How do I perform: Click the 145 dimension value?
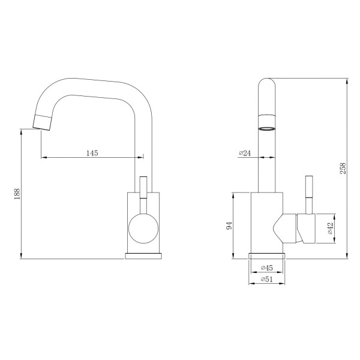[x=92, y=153]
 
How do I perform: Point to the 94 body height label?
[x=229, y=226]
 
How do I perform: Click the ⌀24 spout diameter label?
[x=245, y=153]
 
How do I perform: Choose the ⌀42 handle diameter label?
[x=330, y=229]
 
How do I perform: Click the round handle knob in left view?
[x=143, y=229]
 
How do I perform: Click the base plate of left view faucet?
[x=144, y=256]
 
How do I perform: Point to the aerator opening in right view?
[x=266, y=128]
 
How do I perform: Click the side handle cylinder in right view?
[x=307, y=229]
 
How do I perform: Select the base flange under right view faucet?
[x=265, y=256]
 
